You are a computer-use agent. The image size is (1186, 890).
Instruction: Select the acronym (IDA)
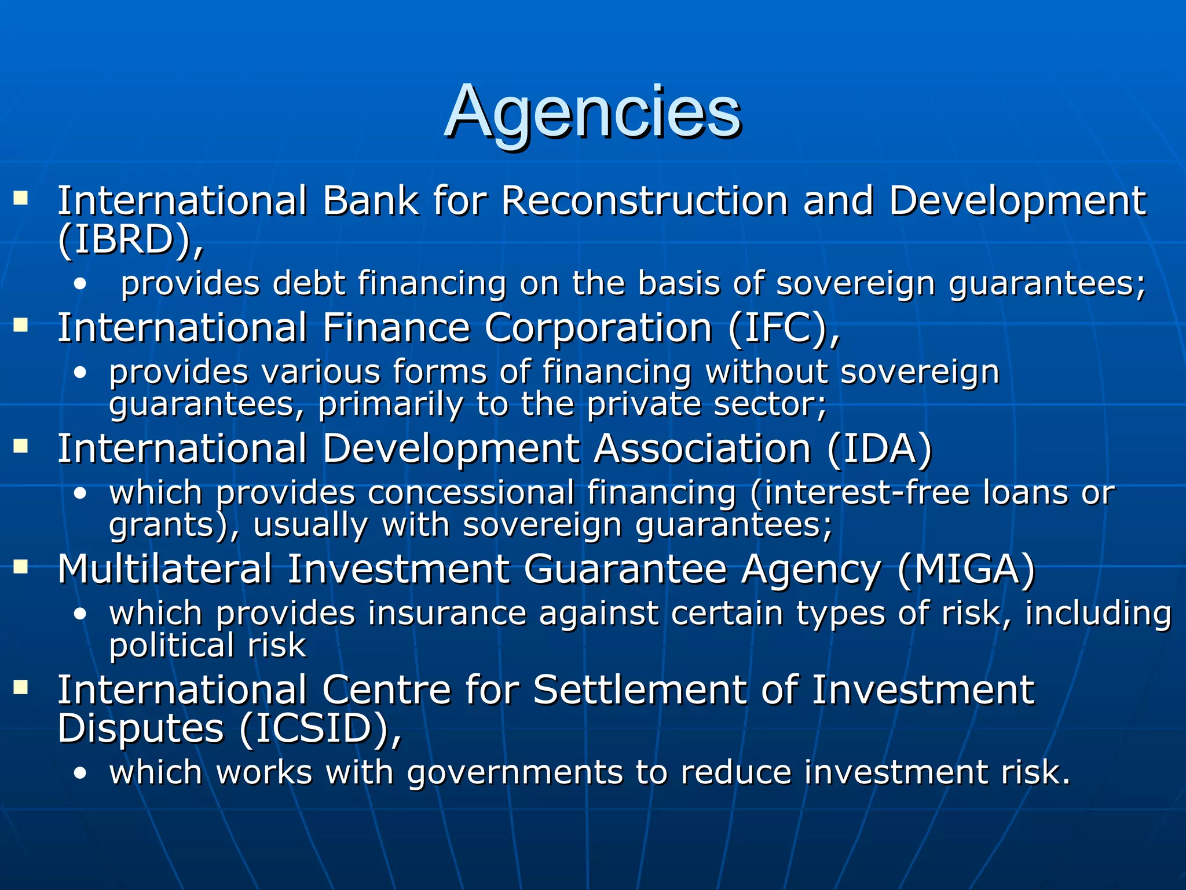click(879, 449)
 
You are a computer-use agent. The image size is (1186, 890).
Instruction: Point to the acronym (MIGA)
click(966, 570)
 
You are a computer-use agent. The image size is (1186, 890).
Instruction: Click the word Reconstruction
click(645, 201)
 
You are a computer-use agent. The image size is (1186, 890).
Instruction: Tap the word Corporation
click(598, 329)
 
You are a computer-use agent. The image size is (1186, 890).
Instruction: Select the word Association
click(702, 449)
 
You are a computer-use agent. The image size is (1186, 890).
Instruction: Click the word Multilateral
click(164, 570)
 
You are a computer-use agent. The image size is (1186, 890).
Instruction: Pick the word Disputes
click(141, 729)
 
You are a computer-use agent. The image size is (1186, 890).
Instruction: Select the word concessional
click(470, 493)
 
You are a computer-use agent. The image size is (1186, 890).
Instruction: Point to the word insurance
click(446, 614)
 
